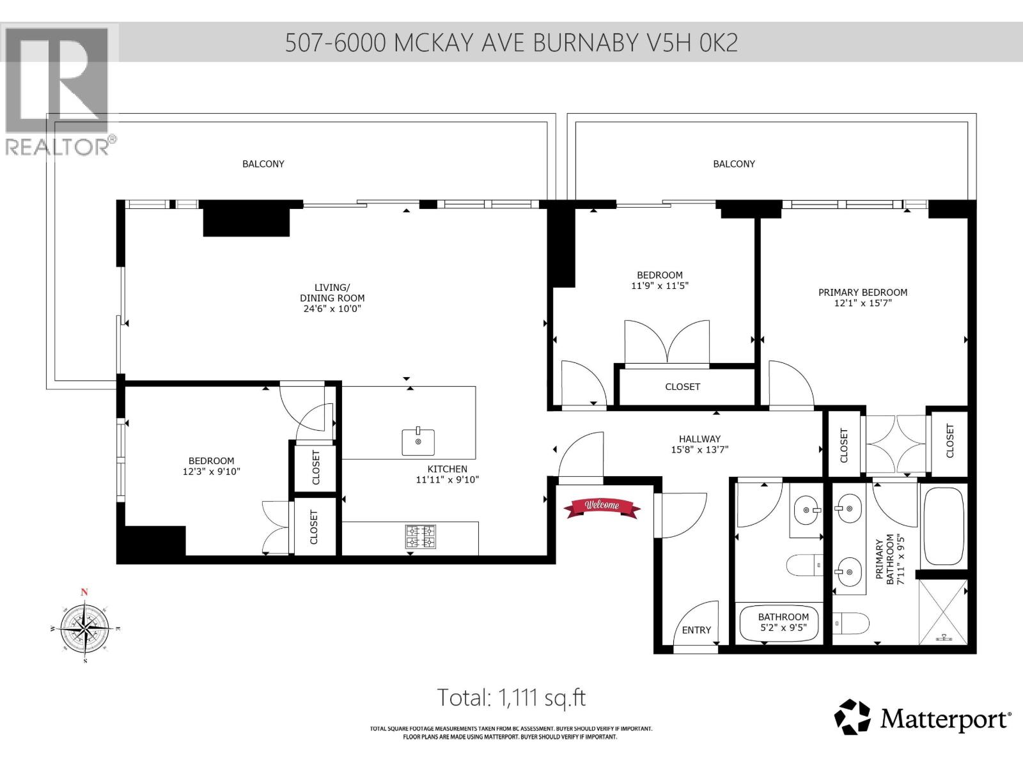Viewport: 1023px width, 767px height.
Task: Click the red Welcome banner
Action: tap(601, 507)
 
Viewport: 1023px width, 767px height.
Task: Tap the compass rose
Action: tap(84, 628)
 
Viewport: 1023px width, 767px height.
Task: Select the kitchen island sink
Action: tap(418, 442)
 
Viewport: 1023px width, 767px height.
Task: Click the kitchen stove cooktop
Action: tap(421, 537)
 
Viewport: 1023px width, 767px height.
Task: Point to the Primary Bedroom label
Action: tap(863, 293)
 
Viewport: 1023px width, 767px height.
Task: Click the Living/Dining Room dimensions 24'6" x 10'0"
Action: tap(332, 309)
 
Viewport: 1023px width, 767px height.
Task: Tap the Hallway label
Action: tap(699, 439)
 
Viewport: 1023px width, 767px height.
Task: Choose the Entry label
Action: tap(696, 630)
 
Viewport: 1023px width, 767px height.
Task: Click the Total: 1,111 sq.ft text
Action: tap(511, 697)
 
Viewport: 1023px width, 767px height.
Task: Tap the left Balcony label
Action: tap(263, 164)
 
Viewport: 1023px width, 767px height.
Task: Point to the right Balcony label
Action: tap(734, 164)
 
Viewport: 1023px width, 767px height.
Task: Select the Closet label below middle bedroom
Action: tap(682, 387)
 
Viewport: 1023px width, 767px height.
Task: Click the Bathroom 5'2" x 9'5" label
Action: tap(783, 622)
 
